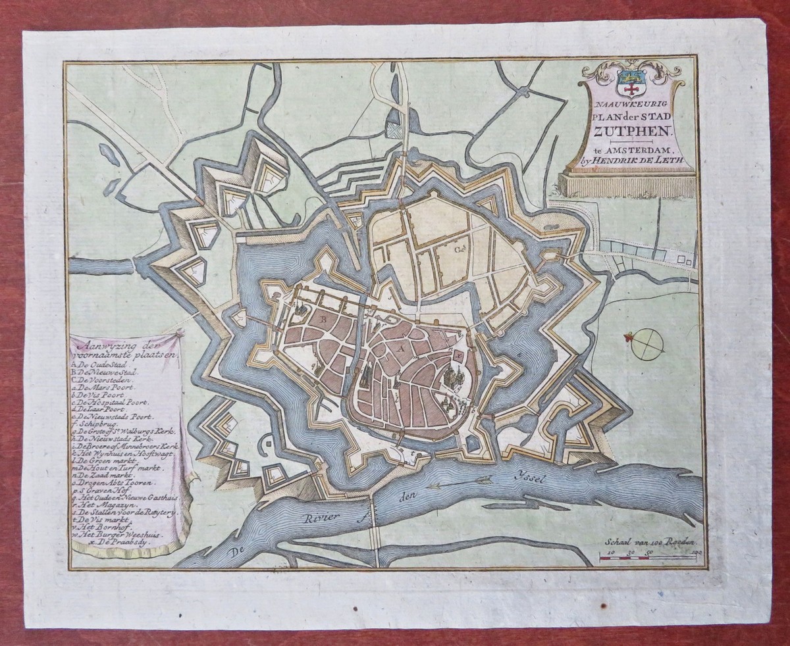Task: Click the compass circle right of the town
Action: click(x=648, y=344)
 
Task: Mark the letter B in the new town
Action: click(x=323, y=318)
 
